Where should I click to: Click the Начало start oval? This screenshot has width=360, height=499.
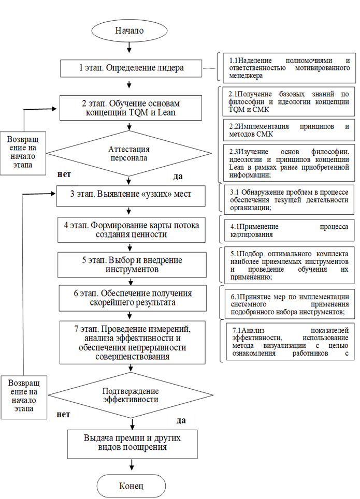click(129, 31)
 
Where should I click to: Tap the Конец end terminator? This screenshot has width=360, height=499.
click(131, 486)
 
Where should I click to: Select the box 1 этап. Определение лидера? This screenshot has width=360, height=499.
click(131, 68)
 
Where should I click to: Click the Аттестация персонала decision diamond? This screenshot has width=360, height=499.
click(128, 153)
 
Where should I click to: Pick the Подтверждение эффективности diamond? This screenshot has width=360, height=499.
click(131, 395)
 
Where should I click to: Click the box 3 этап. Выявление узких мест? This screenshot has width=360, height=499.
click(131, 194)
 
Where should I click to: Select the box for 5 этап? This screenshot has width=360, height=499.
click(132, 265)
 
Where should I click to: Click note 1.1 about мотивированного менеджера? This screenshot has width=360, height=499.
click(289, 68)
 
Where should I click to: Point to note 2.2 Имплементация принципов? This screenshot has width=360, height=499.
click(289, 130)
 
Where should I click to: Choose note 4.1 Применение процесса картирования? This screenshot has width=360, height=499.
click(289, 230)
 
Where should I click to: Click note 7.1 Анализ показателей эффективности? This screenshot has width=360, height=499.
click(290, 342)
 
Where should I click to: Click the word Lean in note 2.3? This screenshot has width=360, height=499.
click(236, 167)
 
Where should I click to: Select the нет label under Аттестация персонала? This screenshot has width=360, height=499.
click(64, 174)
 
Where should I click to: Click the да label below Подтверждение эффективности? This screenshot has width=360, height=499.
click(181, 421)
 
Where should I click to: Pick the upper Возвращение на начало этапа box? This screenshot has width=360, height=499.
click(23, 153)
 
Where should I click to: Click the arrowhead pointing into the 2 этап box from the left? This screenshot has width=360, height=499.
click(53, 109)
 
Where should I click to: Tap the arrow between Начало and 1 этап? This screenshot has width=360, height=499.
click(129, 47)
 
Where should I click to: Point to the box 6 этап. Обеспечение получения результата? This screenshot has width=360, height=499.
click(133, 298)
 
